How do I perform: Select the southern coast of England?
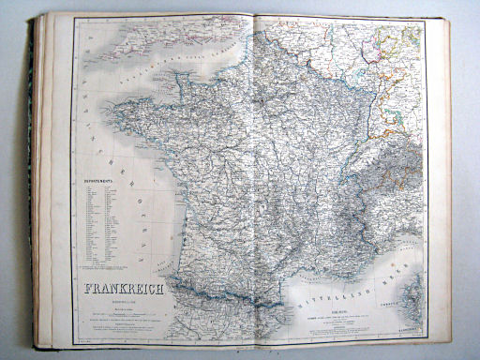click(169, 37)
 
